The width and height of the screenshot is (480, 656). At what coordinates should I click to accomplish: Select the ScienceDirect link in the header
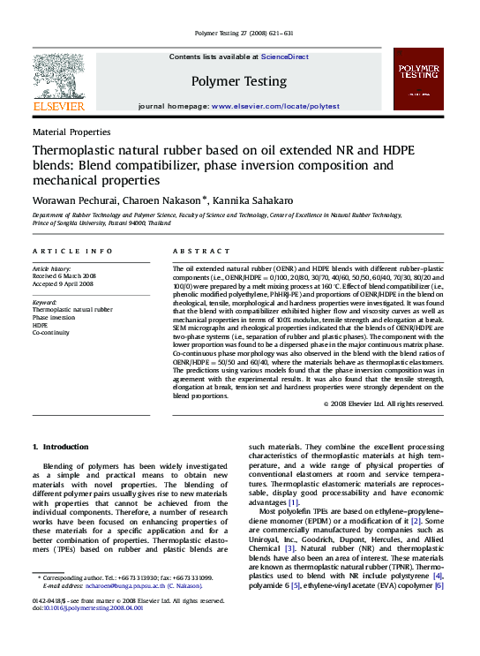(285, 57)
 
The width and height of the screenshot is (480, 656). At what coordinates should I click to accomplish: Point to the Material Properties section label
(71, 131)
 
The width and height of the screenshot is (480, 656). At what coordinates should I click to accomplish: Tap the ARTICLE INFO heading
(72, 252)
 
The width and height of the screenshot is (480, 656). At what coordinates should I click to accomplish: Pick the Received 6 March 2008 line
(64, 275)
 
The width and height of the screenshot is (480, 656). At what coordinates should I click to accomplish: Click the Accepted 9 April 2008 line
(64, 283)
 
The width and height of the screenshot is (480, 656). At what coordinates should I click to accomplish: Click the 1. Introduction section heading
(60, 448)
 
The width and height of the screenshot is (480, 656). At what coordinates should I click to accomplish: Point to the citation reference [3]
(289, 549)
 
